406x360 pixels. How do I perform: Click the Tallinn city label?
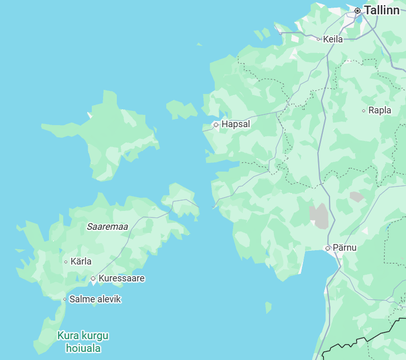(382, 10)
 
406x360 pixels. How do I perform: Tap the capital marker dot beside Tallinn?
(358, 10)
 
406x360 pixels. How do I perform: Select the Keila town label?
(333, 39)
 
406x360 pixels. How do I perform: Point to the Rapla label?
(379, 110)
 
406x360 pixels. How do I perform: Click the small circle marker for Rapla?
(364, 110)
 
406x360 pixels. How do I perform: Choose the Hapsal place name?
(236, 124)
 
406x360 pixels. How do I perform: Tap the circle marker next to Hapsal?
(216, 124)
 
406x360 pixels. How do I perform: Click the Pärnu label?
(344, 248)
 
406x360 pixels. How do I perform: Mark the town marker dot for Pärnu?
(327, 248)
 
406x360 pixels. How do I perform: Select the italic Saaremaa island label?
(107, 226)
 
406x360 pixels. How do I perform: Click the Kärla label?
(81, 261)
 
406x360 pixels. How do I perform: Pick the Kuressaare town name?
(121, 278)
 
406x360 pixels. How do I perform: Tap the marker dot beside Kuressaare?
(93, 278)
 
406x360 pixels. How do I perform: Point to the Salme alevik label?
(95, 299)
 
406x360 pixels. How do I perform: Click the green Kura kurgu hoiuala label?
(83, 342)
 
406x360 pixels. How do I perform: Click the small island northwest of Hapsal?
(181, 109)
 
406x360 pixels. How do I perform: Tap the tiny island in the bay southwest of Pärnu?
(268, 307)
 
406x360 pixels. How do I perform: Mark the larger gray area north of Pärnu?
(319, 215)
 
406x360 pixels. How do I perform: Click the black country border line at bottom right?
(362, 340)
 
